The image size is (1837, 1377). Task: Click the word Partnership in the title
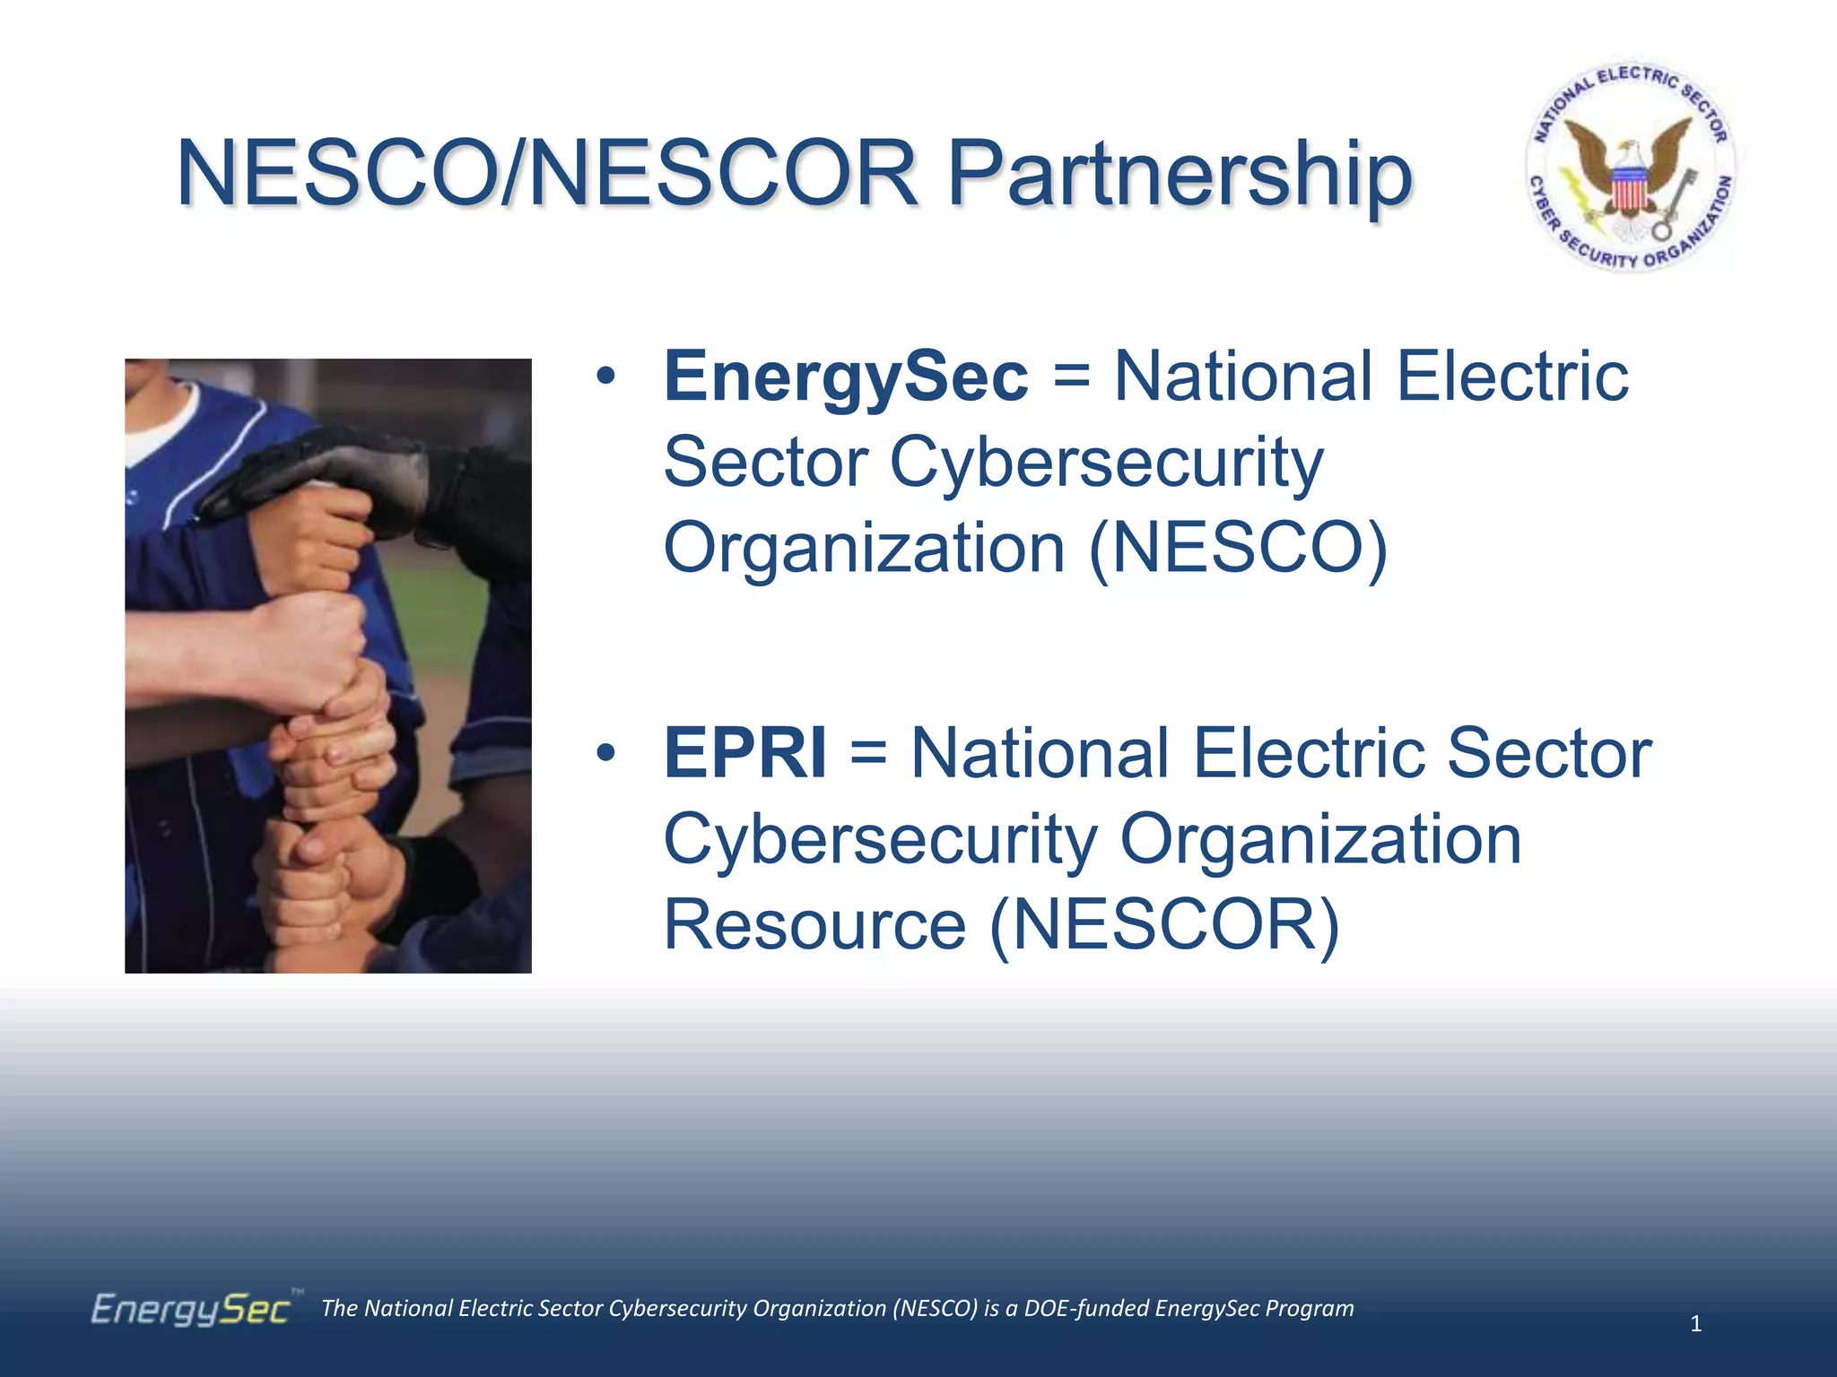[x=1180, y=175]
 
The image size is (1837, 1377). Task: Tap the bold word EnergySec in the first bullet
[x=845, y=377]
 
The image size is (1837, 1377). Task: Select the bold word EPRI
[x=744, y=754]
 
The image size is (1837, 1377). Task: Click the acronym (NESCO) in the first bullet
[x=1238, y=548]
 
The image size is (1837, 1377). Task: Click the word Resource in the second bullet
[x=814, y=924]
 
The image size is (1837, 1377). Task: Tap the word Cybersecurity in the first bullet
[x=1105, y=463]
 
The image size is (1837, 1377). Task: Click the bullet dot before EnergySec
[x=606, y=377]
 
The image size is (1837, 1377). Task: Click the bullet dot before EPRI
[x=606, y=754]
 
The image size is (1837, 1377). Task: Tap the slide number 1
[x=1695, y=1323]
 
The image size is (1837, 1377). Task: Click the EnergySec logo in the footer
[x=190, y=1310]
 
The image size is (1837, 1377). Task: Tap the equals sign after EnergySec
[x=1071, y=377]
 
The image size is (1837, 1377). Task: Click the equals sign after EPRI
[x=868, y=754]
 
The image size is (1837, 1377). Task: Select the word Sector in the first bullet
[x=765, y=463]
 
